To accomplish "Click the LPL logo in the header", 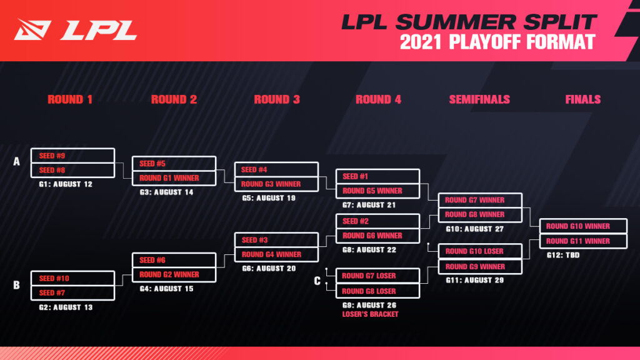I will coord(76,29).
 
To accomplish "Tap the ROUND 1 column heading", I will coord(70,99).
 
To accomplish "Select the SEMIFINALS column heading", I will coord(479,99).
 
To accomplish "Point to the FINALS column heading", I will coord(582,99).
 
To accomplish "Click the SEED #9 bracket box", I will coord(72,156).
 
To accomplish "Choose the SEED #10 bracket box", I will coord(72,278).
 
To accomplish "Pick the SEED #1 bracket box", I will coord(377,176).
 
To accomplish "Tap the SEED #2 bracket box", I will coord(377,221).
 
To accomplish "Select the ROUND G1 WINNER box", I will coord(174,178).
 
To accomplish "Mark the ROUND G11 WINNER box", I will coord(582,241).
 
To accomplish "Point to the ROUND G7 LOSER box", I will coord(377,276).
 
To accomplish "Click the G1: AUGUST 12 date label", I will coord(66,184).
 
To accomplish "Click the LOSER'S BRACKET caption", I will coord(370,314).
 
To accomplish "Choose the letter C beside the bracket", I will coord(317,281).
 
